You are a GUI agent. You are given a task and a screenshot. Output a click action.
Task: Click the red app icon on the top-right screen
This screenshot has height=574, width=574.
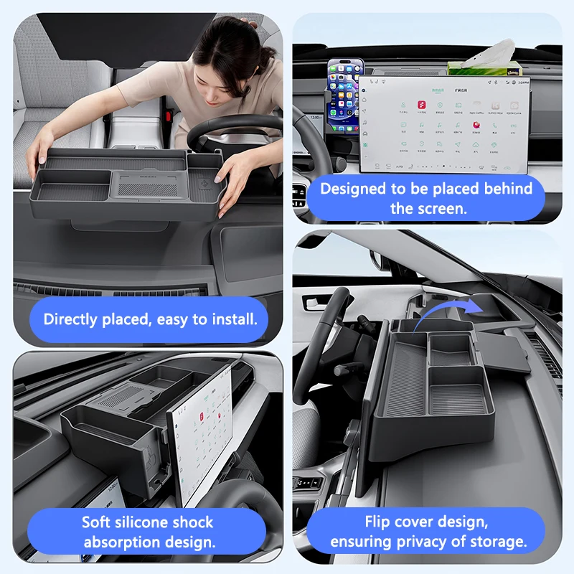pos(475,124)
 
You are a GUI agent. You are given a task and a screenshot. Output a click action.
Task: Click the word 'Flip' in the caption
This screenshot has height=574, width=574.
pos(379,522)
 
